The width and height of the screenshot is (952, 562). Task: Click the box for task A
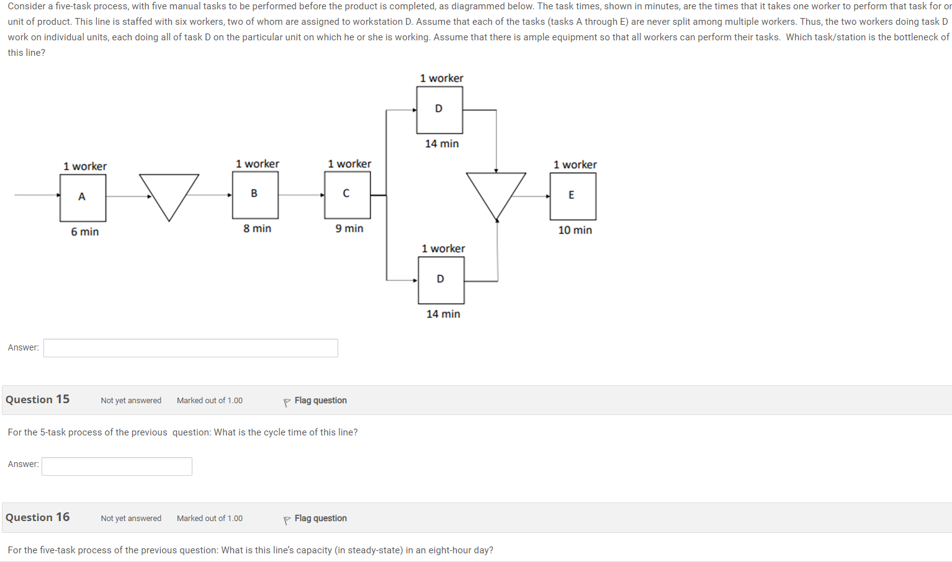(x=83, y=197)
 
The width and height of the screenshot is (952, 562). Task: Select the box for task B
(x=255, y=195)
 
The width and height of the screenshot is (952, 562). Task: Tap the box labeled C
(x=347, y=195)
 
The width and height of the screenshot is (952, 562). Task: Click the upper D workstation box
(x=439, y=110)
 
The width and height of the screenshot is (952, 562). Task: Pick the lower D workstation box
(x=441, y=280)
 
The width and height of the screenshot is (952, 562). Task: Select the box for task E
(x=572, y=196)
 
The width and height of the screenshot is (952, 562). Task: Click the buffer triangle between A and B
(x=169, y=191)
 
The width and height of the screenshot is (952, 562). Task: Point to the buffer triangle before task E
(x=496, y=190)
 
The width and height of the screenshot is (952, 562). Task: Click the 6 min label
(x=85, y=231)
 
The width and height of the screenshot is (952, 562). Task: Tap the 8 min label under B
(x=257, y=228)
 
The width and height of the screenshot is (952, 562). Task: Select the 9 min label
(x=349, y=228)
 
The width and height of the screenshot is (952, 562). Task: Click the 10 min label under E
(x=575, y=230)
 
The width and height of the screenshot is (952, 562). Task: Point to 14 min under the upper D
(x=442, y=143)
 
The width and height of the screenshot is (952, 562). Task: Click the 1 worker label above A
(x=85, y=166)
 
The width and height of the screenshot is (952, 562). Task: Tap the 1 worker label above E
(x=575, y=164)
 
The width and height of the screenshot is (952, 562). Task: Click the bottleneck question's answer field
(x=191, y=348)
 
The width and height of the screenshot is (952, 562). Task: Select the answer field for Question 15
(x=117, y=466)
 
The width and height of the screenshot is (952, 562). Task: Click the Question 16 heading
(x=38, y=517)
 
